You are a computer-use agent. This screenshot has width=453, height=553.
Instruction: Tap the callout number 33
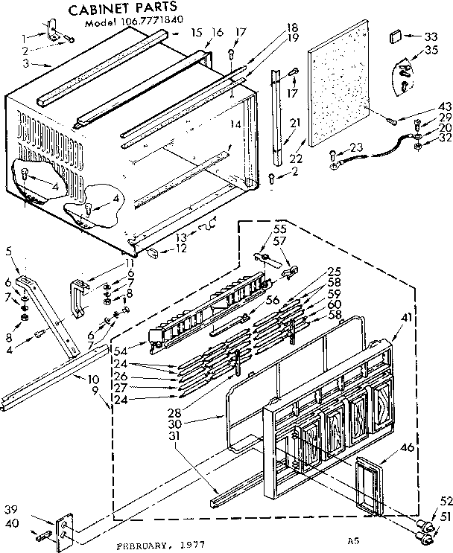coord(430,37)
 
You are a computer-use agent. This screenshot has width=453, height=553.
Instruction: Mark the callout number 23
coord(356,147)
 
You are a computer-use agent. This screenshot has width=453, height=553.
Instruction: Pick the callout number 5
coord(8,251)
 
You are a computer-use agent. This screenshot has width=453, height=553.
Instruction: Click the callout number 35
coord(430,51)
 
